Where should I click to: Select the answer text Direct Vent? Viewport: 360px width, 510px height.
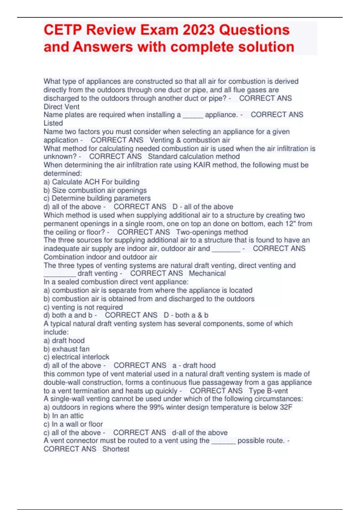click(61, 107)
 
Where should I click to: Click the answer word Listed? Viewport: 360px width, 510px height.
click(53, 123)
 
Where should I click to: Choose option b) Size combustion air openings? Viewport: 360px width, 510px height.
click(95, 190)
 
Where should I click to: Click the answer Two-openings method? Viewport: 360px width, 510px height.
click(212, 232)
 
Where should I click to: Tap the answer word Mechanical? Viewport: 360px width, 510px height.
click(207, 273)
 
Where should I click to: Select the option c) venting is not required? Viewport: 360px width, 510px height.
click(83, 307)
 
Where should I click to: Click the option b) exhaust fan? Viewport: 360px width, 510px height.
click(67, 349)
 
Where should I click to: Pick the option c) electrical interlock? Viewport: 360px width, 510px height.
click(76, 357)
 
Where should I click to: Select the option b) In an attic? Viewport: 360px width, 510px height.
click(64, 416)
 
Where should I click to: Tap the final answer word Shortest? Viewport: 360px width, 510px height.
click(116, 449)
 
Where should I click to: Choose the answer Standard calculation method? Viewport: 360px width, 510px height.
click(194, 157)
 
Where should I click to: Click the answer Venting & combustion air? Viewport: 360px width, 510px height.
click(190, 140)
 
